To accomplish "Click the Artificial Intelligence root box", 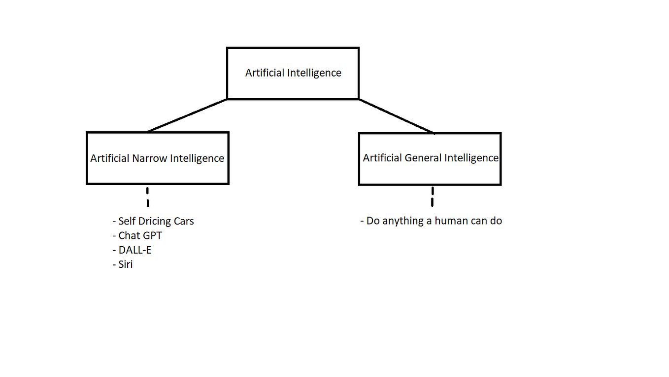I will [293, 73].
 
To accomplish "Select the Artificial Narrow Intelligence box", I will [157, 158].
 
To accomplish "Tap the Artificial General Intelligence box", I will [430, 158].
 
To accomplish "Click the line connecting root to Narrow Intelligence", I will [187, 115].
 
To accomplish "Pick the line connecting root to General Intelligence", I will [397, 116].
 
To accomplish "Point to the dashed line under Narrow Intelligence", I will [147, 197].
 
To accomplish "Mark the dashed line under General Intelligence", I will [432, 196].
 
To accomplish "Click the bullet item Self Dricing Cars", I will [154, 221].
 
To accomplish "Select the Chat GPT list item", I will [137, 236].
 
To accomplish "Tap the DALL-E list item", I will [132, 250].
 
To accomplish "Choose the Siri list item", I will [123, 264].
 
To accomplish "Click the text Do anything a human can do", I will [432, 221].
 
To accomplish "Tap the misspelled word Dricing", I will [155, 222].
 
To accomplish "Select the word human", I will [450, 221].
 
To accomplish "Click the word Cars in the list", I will [183, 221].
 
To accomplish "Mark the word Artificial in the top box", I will [264, 73].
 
